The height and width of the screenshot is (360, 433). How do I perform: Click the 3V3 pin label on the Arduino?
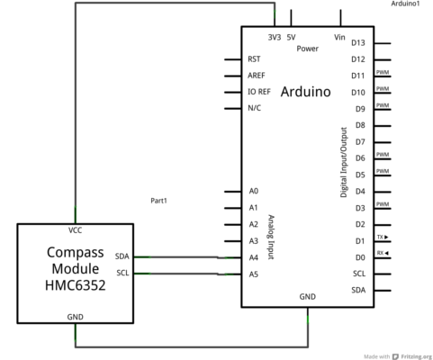point(275,37)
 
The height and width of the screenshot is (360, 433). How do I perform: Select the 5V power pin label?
point(291,37)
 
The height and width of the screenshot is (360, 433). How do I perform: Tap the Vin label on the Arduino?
point(339,37)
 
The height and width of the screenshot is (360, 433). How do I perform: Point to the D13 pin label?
point(358,43)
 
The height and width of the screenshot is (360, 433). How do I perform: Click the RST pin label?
point(254,59)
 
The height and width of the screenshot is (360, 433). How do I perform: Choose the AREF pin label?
point(257,76)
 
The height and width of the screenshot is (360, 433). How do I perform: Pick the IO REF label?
point(259,92)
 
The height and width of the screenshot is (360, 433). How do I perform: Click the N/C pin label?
point(254,108)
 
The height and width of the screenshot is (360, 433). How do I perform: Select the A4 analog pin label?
point(254,257)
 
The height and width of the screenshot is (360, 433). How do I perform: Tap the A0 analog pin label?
point(254,191)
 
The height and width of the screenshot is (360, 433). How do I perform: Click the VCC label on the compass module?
point(75,230)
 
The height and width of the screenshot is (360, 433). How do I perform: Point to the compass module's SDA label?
point(122,256)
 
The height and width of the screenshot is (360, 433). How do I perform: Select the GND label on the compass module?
point(75,317)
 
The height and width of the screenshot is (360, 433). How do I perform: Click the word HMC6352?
point(76,285)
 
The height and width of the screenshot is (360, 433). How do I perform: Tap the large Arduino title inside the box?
point(306,92)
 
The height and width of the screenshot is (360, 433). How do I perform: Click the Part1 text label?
point(158,201)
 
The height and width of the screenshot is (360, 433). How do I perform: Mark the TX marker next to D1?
point(383,237)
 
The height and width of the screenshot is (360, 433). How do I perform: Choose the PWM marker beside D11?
point(383,72)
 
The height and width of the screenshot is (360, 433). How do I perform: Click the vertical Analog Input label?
point(271,237)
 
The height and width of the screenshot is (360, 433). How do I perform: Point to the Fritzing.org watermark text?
point(417,356)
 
